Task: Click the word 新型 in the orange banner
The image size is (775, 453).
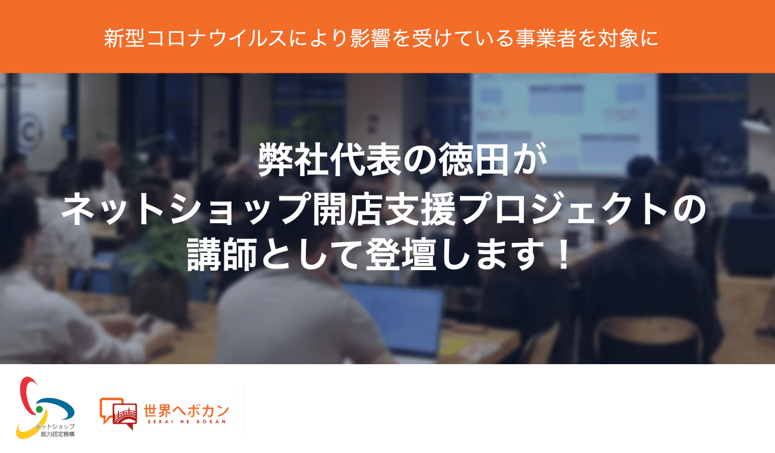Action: click(124, 38)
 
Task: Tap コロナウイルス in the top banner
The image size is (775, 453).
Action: click(216, 38)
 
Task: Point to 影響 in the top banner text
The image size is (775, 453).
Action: click(370, 38)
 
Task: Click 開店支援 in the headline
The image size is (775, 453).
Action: click(384, 209)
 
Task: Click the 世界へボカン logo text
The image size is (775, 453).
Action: click(186, 411)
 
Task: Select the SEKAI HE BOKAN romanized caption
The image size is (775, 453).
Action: click(187, 421)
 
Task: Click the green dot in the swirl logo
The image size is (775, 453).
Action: click(39, 410)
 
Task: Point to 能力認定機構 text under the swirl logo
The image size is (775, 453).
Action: click(57, 434)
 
